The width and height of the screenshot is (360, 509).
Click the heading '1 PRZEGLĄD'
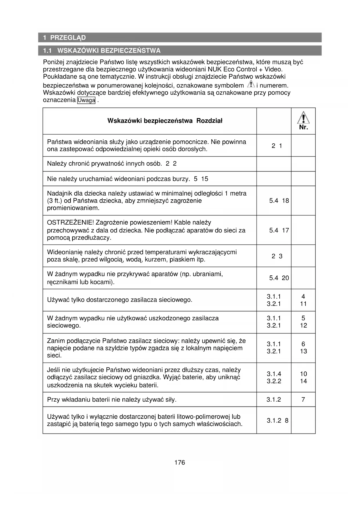click(64, 38)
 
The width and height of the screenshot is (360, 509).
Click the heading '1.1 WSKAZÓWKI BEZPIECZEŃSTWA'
click(102, 51)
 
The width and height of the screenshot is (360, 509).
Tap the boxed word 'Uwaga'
click(86, 100)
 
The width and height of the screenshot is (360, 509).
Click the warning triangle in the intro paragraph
click(251, 84)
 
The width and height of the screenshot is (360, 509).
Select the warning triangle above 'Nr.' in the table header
click(303, 118)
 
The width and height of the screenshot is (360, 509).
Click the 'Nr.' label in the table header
click(303, 127)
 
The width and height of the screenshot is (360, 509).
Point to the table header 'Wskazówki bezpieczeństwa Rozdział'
click(165, 121)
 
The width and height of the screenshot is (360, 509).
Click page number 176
click(180, 463)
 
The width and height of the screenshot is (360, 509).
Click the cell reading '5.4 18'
click(279, 201)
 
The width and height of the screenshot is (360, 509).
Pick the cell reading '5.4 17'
click(279, 230)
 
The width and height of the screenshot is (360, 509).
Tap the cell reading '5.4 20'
click(279, 278)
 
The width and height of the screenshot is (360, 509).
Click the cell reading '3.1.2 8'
click(277, 420)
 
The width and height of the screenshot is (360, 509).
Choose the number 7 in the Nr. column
click(303, 400)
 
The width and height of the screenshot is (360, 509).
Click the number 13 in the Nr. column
click(303, 351)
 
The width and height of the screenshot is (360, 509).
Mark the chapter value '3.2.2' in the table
click(274, 381)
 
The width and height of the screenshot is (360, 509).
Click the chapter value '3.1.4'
click(274, 374)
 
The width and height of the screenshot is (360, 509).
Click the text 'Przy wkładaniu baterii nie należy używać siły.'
click(112, 400)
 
